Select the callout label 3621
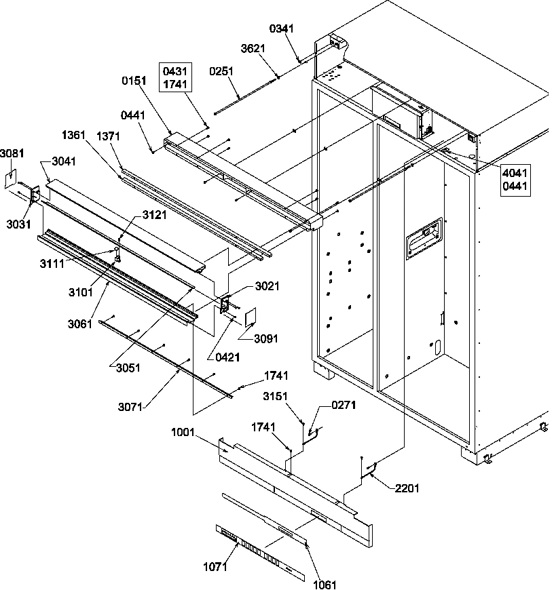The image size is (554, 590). click(x=253, y=49)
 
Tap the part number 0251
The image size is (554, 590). click(x=221, y=71)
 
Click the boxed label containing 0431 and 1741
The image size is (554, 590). click(x=176, y=77)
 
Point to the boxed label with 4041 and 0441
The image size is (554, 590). click(x=515, y=179)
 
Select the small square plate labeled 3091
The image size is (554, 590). click(x=248, y=317)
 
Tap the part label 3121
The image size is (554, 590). click(x=153, y=214)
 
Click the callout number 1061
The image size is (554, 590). click(x=324, y=583)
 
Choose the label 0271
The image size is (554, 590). click(x=343, y=406)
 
